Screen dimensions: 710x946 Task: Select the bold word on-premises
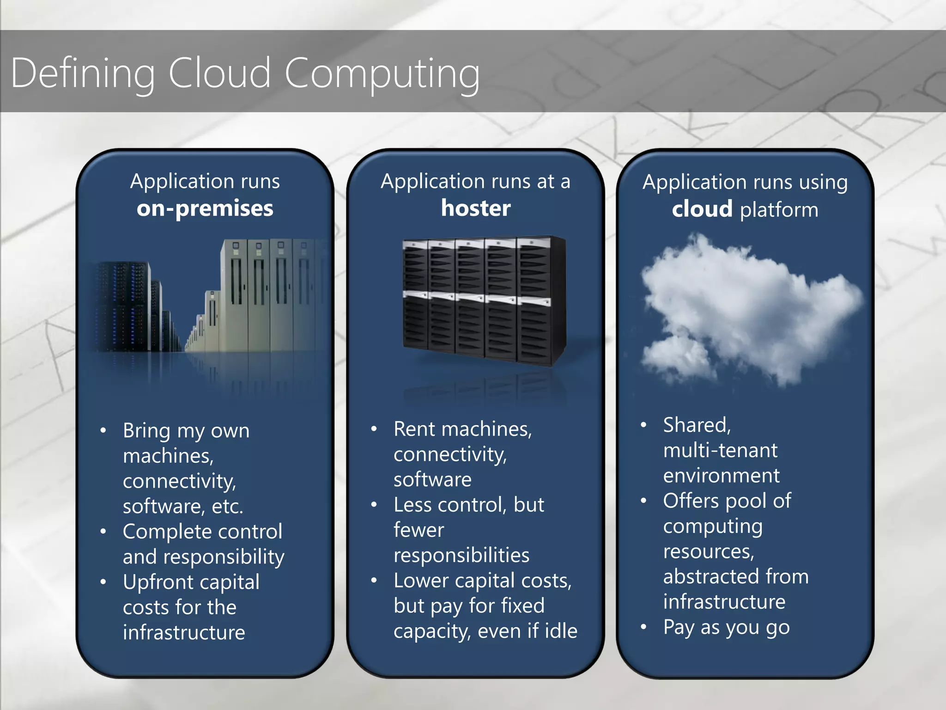205,208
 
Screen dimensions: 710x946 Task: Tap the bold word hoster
476,208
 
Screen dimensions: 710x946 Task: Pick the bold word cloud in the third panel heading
702,209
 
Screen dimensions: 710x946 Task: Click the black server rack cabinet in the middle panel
483,300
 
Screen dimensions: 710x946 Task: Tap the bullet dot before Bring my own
103,431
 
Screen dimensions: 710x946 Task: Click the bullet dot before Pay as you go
643,627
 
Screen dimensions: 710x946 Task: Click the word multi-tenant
720,450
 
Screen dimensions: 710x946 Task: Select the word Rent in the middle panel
414,429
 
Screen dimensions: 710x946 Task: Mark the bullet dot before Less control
374,505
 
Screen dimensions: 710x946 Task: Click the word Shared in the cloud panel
697,425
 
